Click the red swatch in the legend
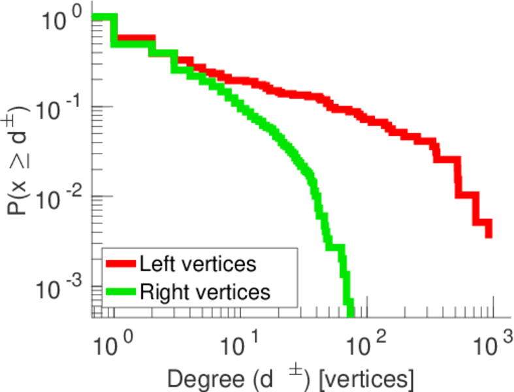coord(121,265)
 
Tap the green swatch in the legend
coord(121,291)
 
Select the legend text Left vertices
coord(198,265)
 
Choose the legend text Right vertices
coord(204,291)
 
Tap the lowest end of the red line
coord(488,235)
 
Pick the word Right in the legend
coord(162,292)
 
